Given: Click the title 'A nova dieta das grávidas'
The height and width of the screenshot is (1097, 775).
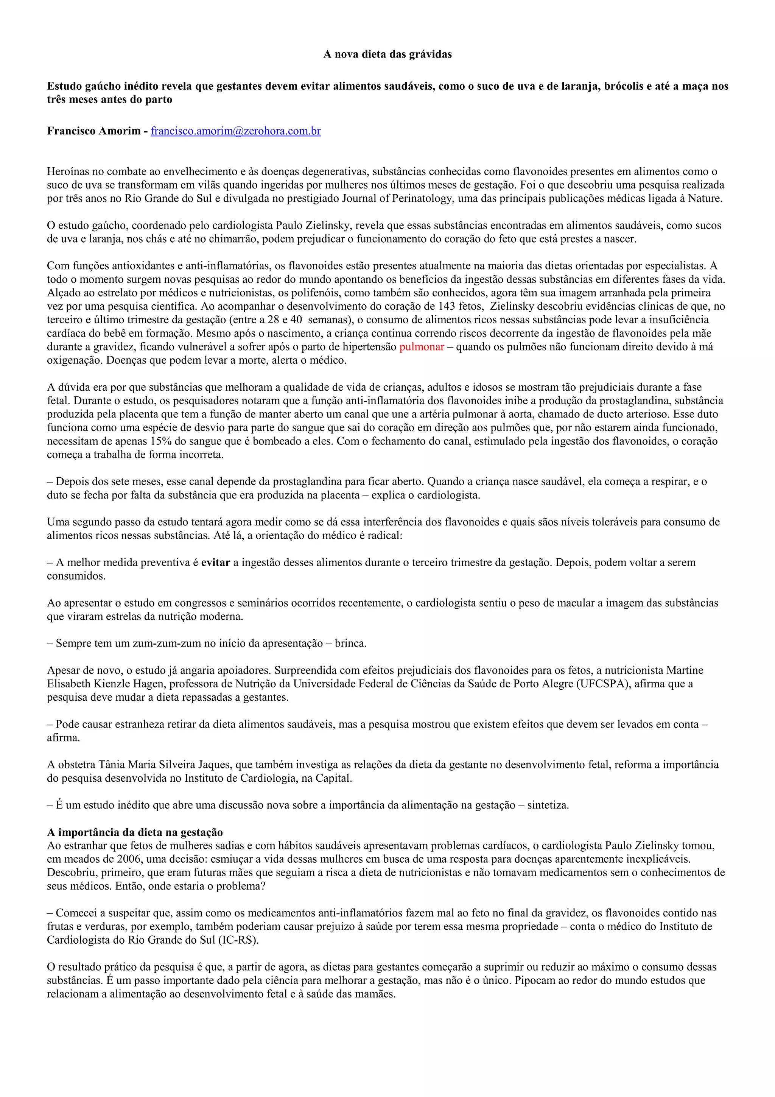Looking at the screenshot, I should click(387, 55).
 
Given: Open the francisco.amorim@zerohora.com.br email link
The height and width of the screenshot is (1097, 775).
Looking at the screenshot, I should click(235, 131).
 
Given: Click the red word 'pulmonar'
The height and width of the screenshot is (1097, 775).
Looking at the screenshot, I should click(422, 347).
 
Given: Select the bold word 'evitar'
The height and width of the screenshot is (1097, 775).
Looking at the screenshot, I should click(215, 563).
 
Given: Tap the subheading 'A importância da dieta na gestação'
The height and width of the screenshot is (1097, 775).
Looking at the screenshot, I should click(135, 832).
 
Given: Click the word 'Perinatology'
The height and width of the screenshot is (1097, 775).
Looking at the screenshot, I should click(422, 198).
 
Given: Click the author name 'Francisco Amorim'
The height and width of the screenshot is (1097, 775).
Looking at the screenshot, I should click(93, 131).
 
